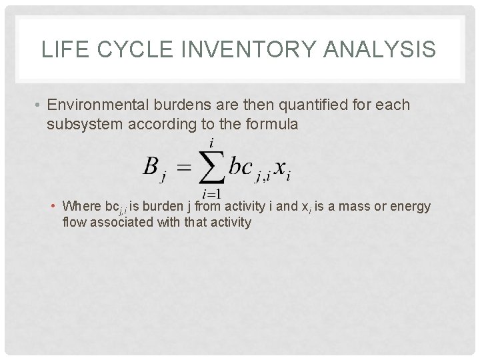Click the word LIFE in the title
pos(61,50)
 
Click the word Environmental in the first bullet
pos(100,105)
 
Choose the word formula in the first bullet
pos(267,124)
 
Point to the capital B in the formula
pos(151,166)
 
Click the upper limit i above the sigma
pos(211,142)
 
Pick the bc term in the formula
pos(240,166)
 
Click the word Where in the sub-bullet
pos(79,207)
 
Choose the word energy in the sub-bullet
pos(410,207)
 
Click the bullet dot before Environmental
pos(39,106)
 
